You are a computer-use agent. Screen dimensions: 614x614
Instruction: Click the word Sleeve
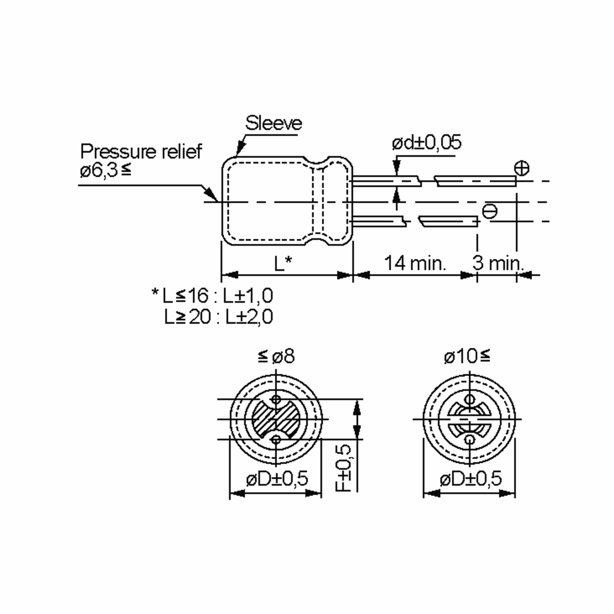coord(273,123)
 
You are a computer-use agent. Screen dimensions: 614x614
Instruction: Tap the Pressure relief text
coord(141,152)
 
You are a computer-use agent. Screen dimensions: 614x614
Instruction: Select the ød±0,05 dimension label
coord(426,143)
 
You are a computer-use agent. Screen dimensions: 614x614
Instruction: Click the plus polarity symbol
coord(522,168)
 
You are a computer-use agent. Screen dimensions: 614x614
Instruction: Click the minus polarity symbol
coord(490,211)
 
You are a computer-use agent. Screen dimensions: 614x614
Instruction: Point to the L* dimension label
coord(283,264)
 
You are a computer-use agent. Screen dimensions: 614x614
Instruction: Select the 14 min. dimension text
coord(415,263)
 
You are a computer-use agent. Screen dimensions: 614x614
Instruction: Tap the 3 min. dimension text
coord(497,263)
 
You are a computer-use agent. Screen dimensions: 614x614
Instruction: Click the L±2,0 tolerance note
coord(249,317)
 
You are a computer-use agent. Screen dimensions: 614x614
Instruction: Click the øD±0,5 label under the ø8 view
coord(277,478)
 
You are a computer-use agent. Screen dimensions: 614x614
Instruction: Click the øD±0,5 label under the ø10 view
coord(471,478)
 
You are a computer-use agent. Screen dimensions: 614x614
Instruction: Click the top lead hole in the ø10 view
coord(469,399)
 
